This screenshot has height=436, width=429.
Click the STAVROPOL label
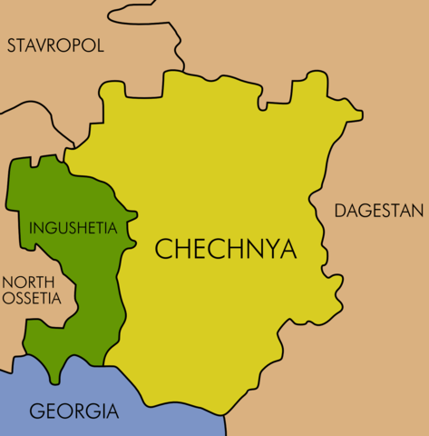56,45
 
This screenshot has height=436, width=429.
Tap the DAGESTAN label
379,211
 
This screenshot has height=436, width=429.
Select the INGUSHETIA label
73,227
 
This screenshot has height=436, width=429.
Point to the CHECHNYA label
226,249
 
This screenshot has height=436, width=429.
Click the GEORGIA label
74,411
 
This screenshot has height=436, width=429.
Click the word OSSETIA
31,298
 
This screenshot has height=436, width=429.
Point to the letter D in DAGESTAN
341,211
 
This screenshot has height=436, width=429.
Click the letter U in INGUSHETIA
64,227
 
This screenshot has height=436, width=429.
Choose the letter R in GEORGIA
85,411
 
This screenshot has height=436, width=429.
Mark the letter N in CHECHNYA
246,249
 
